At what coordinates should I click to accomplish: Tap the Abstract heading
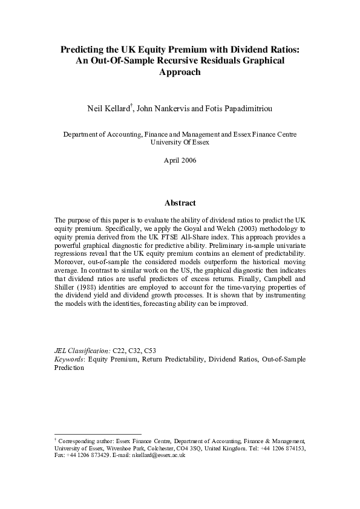pos(180,203)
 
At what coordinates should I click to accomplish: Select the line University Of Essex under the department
pos(180,143)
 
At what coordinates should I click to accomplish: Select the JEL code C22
pos(119,351)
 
